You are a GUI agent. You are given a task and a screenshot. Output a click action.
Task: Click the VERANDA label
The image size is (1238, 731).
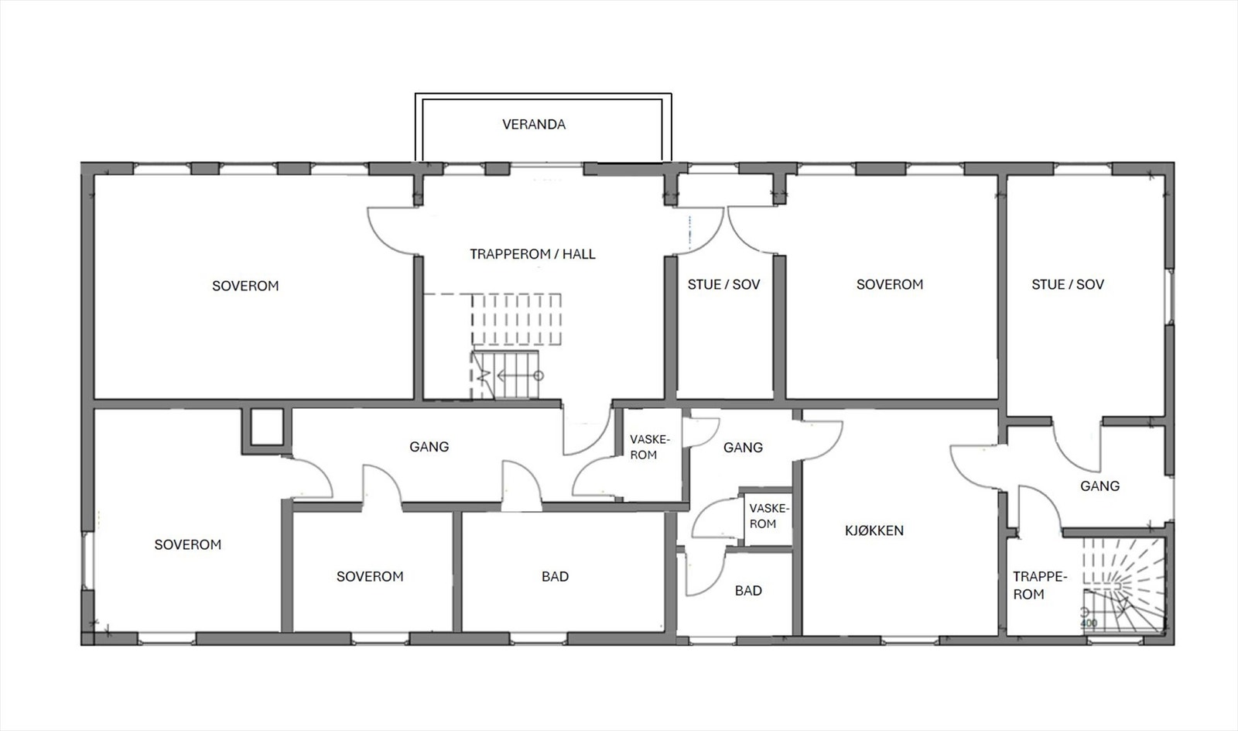click(534, 125)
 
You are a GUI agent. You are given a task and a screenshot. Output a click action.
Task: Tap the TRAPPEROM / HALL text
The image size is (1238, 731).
click(532, 254)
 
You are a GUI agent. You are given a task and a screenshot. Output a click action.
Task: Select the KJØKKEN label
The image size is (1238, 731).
click(874, 531)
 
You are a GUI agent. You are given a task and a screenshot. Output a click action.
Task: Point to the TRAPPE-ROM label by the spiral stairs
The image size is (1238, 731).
click(1040, 585)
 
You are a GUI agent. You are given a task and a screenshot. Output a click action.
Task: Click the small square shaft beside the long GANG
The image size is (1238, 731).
click(267, 427)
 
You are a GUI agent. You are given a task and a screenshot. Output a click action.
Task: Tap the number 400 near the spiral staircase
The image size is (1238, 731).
click(1089, 623)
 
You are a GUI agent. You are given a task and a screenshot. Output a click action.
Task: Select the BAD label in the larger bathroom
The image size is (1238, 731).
click(555, 577)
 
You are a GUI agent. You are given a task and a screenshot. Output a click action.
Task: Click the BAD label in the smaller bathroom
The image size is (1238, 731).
click(748, 591)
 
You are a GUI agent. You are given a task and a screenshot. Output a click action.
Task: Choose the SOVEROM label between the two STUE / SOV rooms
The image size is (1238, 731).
click(890, 285)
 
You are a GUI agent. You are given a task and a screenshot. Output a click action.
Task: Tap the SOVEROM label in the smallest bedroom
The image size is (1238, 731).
click(370, 577)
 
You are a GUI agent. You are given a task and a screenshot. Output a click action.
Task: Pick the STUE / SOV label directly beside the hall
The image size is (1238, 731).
click(723, 285)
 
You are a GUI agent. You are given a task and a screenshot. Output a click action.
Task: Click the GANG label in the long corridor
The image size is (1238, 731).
click(429, 447)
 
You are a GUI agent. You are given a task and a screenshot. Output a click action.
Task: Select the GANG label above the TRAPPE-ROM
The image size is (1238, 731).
click(1099, 486)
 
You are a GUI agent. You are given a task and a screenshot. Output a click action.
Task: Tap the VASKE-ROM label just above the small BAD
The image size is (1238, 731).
click(769, 516)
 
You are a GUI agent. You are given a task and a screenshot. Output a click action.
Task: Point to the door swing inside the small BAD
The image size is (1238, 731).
click(705, 575)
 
